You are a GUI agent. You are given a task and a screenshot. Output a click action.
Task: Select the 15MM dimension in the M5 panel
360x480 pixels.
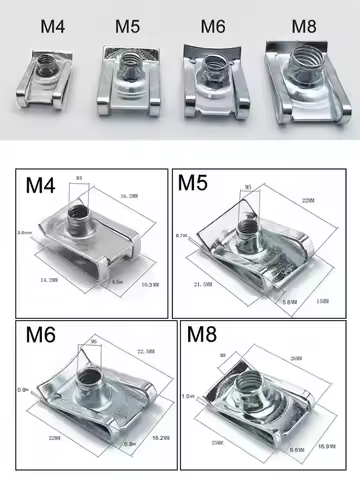323,300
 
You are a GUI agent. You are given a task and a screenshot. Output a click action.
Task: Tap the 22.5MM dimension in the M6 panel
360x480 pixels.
143,351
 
